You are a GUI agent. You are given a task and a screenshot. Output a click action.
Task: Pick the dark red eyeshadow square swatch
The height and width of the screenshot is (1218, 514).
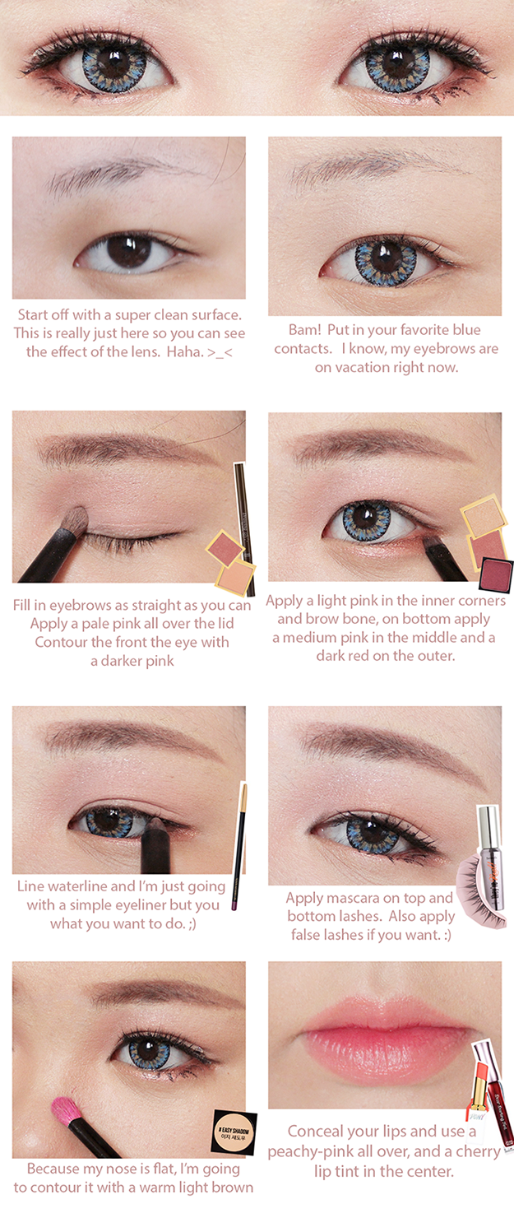click(x=496, y=574)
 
